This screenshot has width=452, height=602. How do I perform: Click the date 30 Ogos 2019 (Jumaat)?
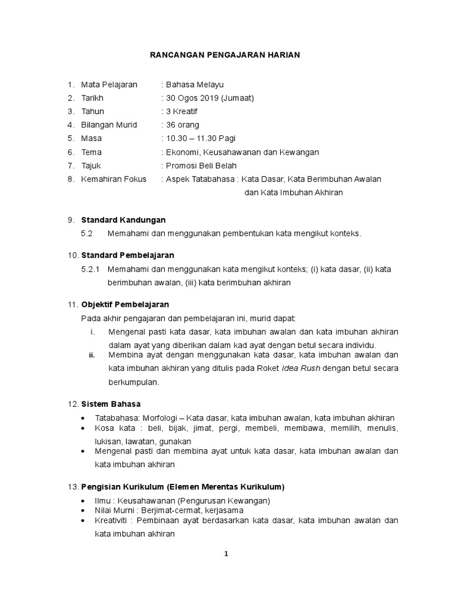(210, 98)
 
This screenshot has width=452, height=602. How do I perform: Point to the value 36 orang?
(182, 125)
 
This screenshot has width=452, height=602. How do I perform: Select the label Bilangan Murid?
(109, 125)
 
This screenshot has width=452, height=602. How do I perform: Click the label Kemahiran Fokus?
(114, 179)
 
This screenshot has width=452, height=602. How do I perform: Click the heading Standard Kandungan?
(123, 220)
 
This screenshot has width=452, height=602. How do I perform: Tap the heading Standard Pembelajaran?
(127, 255)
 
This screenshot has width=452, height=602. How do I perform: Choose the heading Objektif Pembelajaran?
(125, 305)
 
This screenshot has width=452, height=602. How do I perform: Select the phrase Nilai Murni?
(114, 510)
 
